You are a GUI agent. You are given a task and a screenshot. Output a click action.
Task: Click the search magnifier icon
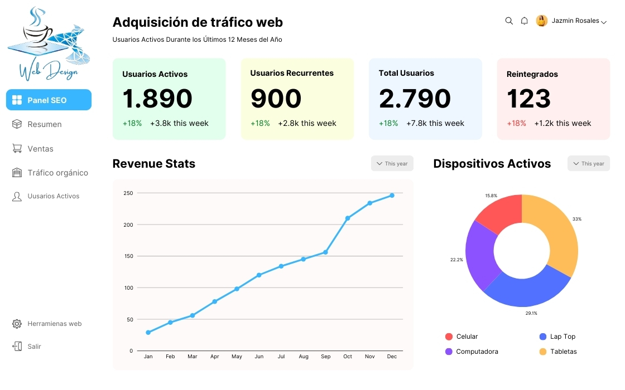509,21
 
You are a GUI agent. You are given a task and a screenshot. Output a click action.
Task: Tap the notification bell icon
524,21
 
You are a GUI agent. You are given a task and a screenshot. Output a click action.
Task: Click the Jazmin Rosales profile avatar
541,21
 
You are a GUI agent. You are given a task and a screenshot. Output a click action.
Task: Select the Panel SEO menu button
49,100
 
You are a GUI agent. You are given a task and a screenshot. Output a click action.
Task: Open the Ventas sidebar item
40,149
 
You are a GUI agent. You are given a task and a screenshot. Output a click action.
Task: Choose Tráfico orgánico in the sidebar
57,173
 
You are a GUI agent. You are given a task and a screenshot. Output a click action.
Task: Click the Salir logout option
34,347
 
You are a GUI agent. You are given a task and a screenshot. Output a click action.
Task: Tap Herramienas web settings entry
54,324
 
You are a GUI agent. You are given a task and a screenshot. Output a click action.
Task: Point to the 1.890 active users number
157,99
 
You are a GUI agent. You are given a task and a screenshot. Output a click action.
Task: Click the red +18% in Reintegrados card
516,123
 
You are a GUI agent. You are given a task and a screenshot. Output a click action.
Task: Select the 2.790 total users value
415,99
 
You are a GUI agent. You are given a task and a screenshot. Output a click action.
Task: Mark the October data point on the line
348,218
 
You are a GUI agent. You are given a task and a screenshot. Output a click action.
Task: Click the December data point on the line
392,196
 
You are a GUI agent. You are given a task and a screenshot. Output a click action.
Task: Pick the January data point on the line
148,333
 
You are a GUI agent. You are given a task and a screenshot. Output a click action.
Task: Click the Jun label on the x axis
259,357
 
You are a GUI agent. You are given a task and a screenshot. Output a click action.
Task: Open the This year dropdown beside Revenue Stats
392,163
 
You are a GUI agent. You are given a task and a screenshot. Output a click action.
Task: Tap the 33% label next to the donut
576,219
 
